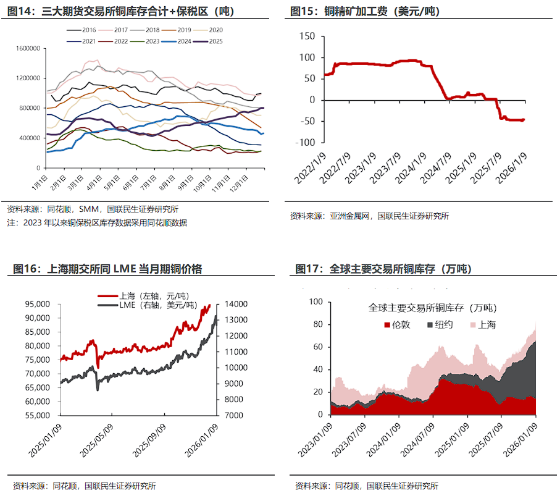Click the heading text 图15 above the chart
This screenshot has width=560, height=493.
click(301, 12)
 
